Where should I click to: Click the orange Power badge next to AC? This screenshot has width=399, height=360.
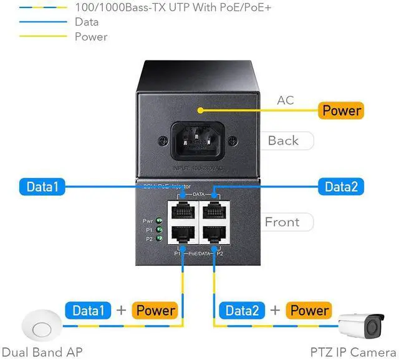[x=342, y=111]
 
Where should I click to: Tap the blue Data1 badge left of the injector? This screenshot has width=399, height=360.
[x=42, y=186]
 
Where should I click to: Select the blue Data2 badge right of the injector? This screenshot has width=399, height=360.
[x=341, y=186]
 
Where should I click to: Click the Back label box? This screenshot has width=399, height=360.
[x=284, y=141]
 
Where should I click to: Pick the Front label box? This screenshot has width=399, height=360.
[x=282, y=222]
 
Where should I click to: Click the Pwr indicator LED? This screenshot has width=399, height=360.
[x=160, y=220]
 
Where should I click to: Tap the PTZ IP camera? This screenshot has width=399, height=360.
[x=365, y=324]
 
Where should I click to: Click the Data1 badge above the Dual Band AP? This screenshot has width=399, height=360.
[x=88, y=310]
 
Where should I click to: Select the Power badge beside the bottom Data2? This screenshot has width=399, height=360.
[x=308, y=310]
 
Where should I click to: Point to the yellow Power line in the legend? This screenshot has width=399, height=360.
[x=35, y=37]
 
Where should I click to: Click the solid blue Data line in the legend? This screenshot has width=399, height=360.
[x=35, y=22]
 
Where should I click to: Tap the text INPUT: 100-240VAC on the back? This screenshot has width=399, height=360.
[x=199, y=167]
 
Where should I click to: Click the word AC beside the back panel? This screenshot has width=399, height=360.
[x=285, y=100]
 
